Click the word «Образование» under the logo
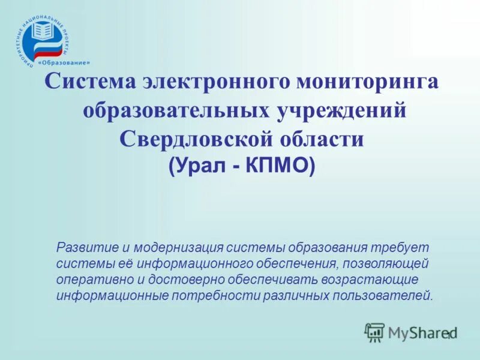pyautogui.click(x=64, y=62)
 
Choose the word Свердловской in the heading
pyautogui.click(x=194, y=139)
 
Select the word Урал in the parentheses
pyautogui.click(x=202, y=166)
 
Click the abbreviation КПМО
pyautogui.click(x=278, y=166)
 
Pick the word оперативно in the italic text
pyautogui.click(x=91, y=280)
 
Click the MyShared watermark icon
pyautogui.click(x=374, y=332)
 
